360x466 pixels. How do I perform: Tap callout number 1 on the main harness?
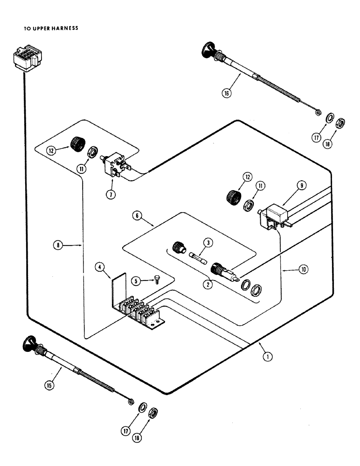coord(267,357)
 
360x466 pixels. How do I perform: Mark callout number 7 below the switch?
coord(111,195)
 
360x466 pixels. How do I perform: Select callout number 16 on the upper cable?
coord(227,93)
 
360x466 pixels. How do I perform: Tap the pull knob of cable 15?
coord(30,343)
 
